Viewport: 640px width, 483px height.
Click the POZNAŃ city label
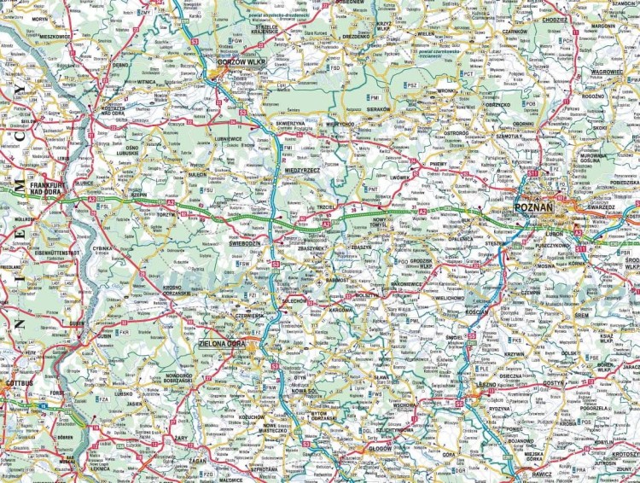(x=535, y=207)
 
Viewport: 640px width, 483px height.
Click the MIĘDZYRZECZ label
(x=303, y=170)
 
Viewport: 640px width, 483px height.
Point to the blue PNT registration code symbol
(x=372, y=189)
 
